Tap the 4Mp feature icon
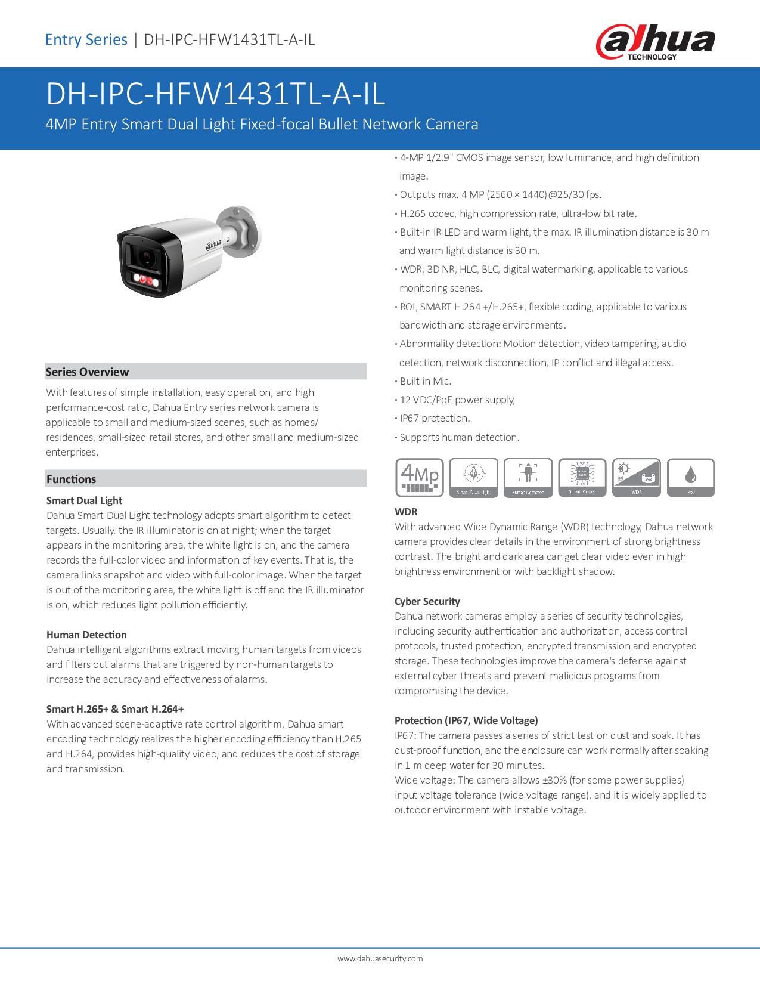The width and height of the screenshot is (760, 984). point(420,477)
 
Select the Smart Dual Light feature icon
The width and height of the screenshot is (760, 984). point(474,477)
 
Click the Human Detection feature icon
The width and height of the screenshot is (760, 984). point(528,477)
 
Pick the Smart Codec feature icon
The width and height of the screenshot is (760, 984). point(582,477)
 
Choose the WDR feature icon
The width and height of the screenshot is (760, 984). point(637,477)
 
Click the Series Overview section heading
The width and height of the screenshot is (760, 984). point(88,372)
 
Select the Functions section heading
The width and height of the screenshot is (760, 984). point(71,479)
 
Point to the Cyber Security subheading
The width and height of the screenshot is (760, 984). point(427,601)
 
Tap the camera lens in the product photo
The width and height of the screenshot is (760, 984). point(145,256)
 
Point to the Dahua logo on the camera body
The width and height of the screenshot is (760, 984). point(213,243)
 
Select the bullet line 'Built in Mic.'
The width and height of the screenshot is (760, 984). point(425,381)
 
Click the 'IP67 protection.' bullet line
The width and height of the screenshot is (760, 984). point(435,418)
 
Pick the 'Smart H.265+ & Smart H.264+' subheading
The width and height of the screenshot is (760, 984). point(115,709)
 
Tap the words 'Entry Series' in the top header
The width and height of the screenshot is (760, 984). point(86,40)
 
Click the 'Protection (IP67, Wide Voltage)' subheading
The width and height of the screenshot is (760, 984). point(466,720)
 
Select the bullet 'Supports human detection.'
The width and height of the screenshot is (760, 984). point(459,437)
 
